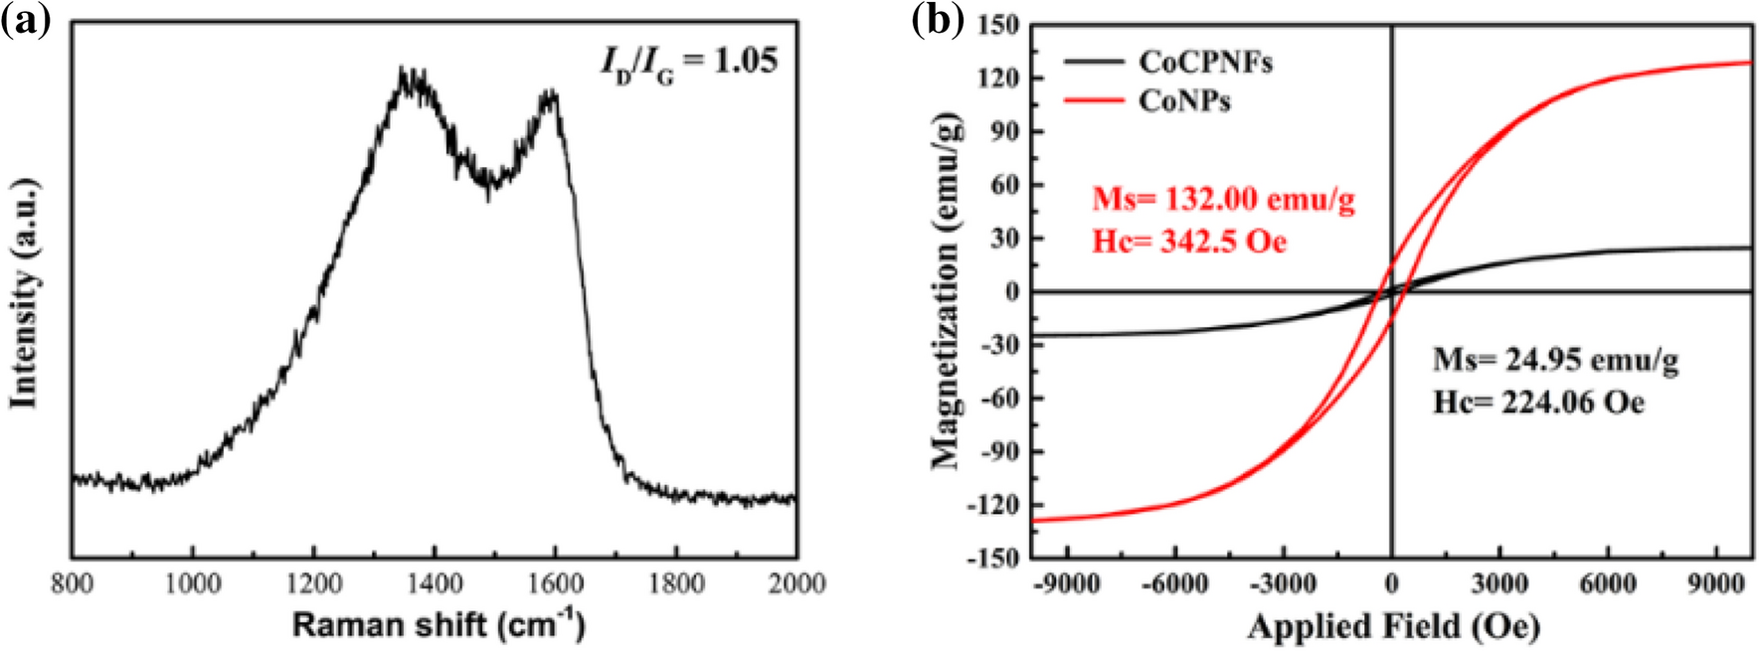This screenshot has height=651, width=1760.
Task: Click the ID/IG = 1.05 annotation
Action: [688, 63]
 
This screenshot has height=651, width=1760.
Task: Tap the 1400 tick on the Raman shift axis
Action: [435, 583]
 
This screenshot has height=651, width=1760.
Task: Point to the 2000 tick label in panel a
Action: [795, 583]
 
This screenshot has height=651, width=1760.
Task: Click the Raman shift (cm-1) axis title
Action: [438, 624]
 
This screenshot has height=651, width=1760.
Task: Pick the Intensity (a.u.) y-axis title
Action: [24, 293]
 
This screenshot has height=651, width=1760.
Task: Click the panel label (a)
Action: [25, 20]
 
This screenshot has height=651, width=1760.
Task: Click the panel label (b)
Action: [938, 20]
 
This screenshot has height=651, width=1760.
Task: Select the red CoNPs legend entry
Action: [1184, 100]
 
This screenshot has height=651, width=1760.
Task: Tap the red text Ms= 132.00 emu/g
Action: [1223, 200]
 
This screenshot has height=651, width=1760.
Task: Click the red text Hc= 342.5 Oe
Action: [1189, 242]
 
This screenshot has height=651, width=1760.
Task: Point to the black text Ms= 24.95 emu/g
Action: [1555, 359]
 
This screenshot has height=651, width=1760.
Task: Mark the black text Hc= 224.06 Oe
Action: [1538, 402]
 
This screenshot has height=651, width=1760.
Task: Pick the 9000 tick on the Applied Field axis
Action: [1715, 583]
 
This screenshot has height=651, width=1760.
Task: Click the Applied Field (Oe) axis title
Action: [1393, 626]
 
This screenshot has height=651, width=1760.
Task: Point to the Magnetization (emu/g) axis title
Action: [946, 290]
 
